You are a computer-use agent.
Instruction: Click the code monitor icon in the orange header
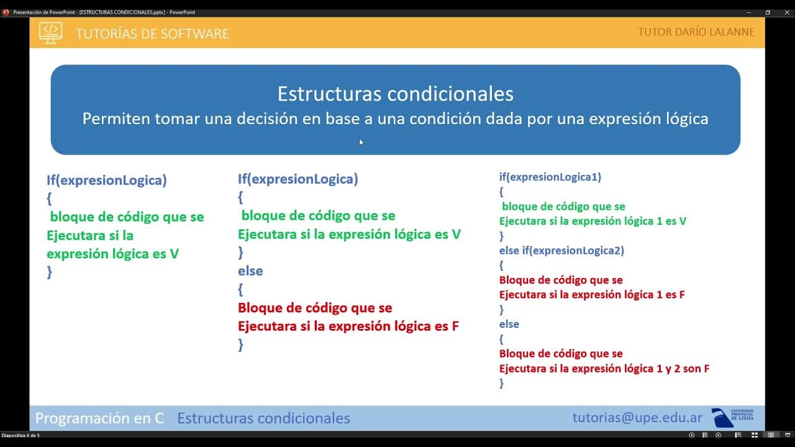point(50,32)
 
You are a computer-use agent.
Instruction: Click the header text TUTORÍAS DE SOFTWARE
point(152,34)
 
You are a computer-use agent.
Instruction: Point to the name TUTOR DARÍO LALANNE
point(696,32)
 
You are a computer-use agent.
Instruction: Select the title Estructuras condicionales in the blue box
point(395,94)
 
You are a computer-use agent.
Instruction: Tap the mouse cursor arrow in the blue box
point(361,142)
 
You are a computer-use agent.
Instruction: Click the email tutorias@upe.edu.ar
point(637,418)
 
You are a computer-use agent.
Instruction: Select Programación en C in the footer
point(99,418)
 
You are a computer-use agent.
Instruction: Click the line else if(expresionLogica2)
point(561,251)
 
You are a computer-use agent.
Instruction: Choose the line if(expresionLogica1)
point(550,177)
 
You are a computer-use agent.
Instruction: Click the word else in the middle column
point(250,271)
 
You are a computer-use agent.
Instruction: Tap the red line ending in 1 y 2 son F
point(604,369)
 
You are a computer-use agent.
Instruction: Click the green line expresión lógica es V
point(112,254)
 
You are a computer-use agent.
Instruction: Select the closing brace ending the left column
point(50,272)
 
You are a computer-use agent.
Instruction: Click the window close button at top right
point(784,12)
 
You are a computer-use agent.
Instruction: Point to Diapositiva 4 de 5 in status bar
point(20,435)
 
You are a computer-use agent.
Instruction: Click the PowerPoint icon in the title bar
point(6,12)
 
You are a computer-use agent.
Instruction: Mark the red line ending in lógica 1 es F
point(591,295)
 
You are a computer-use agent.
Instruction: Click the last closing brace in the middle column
point(241,345)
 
